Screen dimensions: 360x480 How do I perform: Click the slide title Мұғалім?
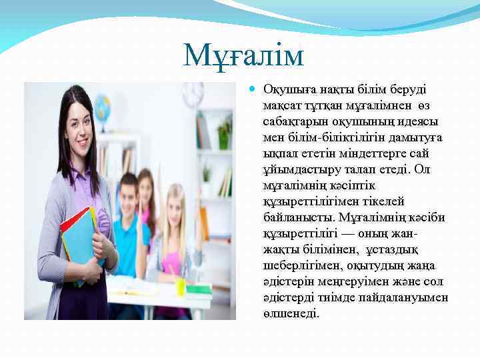(x=243, y=55)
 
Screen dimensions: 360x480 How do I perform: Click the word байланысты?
(x=299, y=218)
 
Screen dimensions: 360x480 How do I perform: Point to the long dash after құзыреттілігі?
(x=351, y=234)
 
